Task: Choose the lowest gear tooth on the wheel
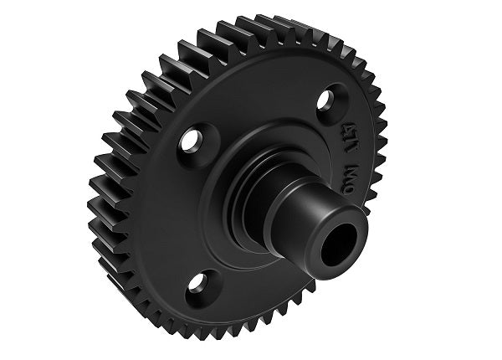click(227, 335)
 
